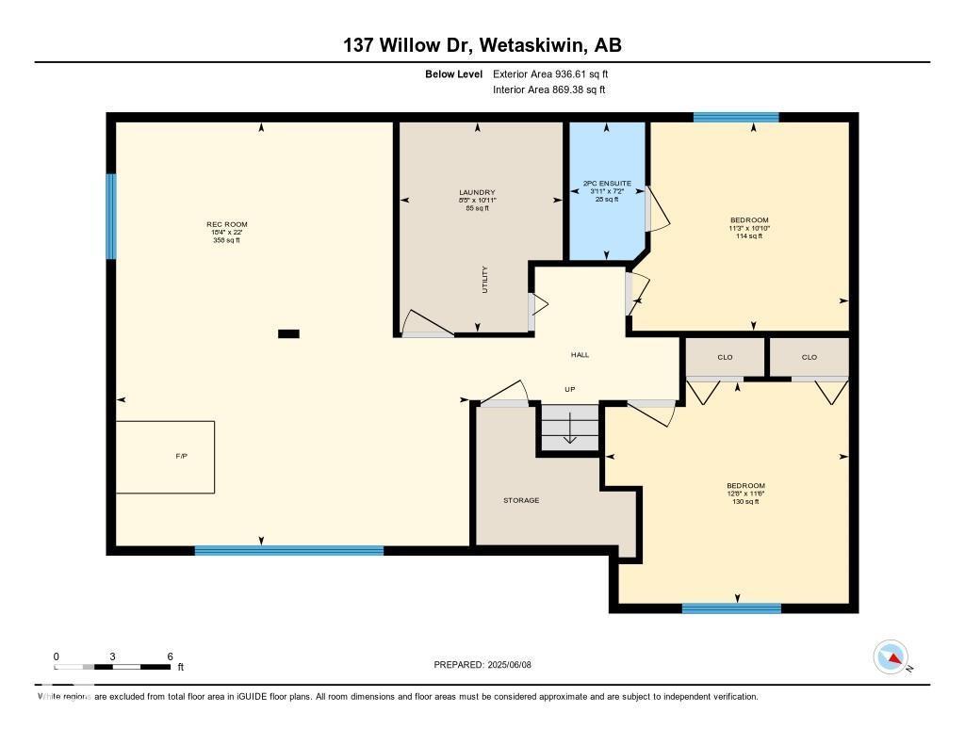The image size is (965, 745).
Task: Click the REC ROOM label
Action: [x=226, y=224]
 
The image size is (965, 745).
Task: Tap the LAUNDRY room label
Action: [x=477, y=192]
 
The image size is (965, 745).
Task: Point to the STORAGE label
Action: [x=520, y=500]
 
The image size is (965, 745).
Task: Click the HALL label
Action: [x=580, y=355]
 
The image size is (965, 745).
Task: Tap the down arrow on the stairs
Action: [x=569, y=432]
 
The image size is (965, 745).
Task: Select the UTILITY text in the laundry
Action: [x=485, y=281]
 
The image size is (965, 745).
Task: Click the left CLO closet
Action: [x=725, y=357]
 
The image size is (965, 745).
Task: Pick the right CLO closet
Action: [x=810, y=357]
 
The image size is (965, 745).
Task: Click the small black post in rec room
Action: [x=289, y=332]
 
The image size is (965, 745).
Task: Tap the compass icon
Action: [x=891, y=657]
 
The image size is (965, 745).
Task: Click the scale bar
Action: [x=113, y=667]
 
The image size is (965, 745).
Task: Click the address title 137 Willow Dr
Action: [x=482, y=45]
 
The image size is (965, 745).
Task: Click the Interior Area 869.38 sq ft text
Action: [x=548, y=90]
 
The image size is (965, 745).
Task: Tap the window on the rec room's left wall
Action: [x=110, y=216]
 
